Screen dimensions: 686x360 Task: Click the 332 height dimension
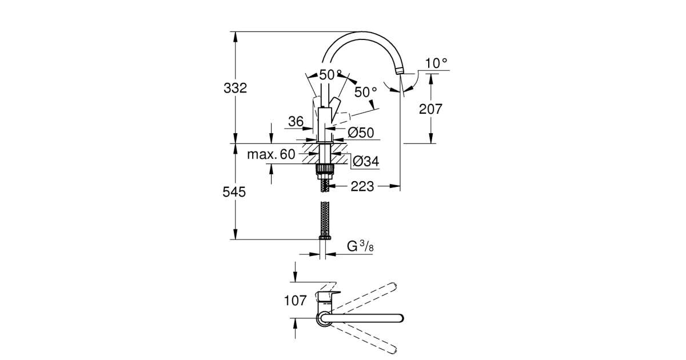[235, 88]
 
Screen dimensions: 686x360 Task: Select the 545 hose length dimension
[234, 192]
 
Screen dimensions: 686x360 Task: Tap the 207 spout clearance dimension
[430, 109]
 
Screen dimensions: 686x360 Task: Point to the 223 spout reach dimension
[362, 186]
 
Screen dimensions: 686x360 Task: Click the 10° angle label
[436, 63]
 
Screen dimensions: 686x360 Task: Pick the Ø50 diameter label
[361, 133]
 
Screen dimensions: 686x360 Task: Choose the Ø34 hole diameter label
[366, 161]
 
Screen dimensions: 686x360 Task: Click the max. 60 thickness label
[271, 154]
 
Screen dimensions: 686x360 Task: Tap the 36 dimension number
[296, 122]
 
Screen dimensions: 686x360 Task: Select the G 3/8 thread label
[360, 246]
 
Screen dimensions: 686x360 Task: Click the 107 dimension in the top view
[295, 301]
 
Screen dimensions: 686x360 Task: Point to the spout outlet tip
[400, 72]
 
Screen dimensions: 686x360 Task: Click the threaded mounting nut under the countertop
[324, 169]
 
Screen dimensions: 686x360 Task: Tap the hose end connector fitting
[325, 237]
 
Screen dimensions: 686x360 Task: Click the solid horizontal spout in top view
[362, 318]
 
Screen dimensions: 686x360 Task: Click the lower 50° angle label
[365, 92]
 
